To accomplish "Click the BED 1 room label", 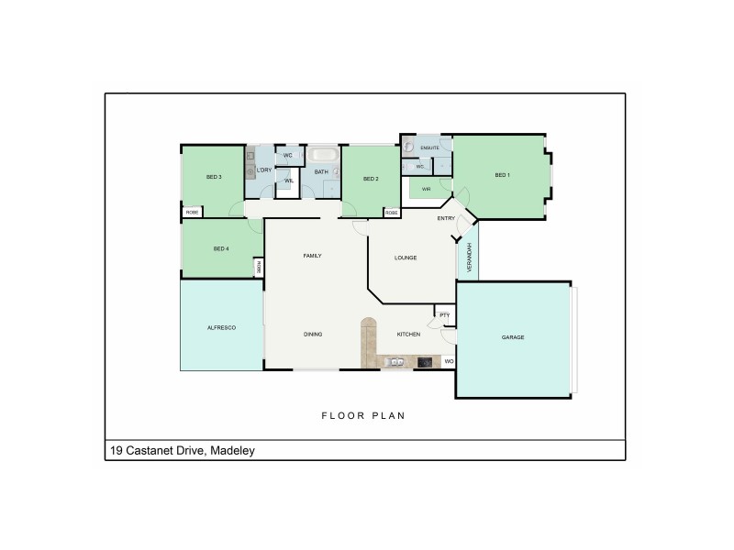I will pyautogui.click(x=502, y=175).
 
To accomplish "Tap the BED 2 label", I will pyautogui.click(x=371, y=179).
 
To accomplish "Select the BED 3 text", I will pyautogui.click(x=215, y=176).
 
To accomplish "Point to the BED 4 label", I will pyautogui.click(x=220, y=249).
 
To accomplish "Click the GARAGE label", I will pyautogui.click(x=513, y=337).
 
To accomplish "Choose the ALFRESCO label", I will pyautogui.click(x=222, y=326).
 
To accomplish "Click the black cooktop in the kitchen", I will pyautogui.click(x=426, y=362).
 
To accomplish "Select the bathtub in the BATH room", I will pyautogui.click(x=321, y=155).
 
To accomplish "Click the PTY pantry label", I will pyautogui.click(x=444, y=316).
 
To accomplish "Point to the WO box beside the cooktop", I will pyautogui.click(x=449, y=362).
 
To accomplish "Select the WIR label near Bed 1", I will pyautogui.click(x=427, y=190).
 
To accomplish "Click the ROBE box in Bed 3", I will pyautogui.click(x=192, y=213).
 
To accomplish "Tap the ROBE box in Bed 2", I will pyautogui.click(x=391, y=213).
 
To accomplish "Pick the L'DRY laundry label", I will pyautogui.click(x=264, y=170).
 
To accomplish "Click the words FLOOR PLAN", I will pyautogui.click(x=362, y=415).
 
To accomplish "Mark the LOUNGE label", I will pyautogui.click(x=406, y=258).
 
